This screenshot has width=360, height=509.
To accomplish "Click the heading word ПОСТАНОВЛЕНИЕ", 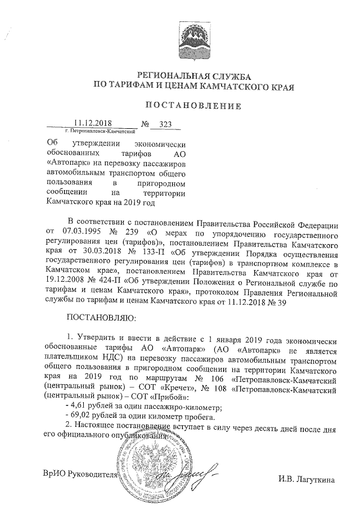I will [x=193, y=105].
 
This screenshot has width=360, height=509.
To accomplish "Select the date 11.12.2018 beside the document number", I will [x=94, y=123].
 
